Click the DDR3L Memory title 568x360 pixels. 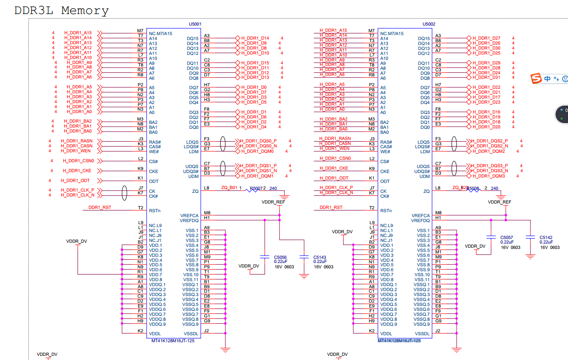click(62, 10)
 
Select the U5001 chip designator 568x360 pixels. click(195, 24)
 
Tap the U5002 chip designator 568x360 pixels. click(429, 24)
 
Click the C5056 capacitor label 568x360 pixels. click(280, 257)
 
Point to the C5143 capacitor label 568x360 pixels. click(319, 257)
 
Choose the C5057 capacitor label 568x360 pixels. click(506, 238)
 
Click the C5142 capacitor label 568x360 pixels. click(546, 237)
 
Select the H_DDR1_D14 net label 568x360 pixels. click(255, 38)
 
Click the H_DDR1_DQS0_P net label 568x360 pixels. click(258, 141)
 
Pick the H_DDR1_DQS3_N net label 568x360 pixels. click(490, 171)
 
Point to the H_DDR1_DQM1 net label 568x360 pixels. click(257, 176)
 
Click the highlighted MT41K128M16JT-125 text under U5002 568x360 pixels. click(399, 341)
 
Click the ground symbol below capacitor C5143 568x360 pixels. click(304, 276)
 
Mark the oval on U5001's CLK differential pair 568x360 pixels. click(124, 193)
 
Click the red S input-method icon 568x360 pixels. click(536, 78)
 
